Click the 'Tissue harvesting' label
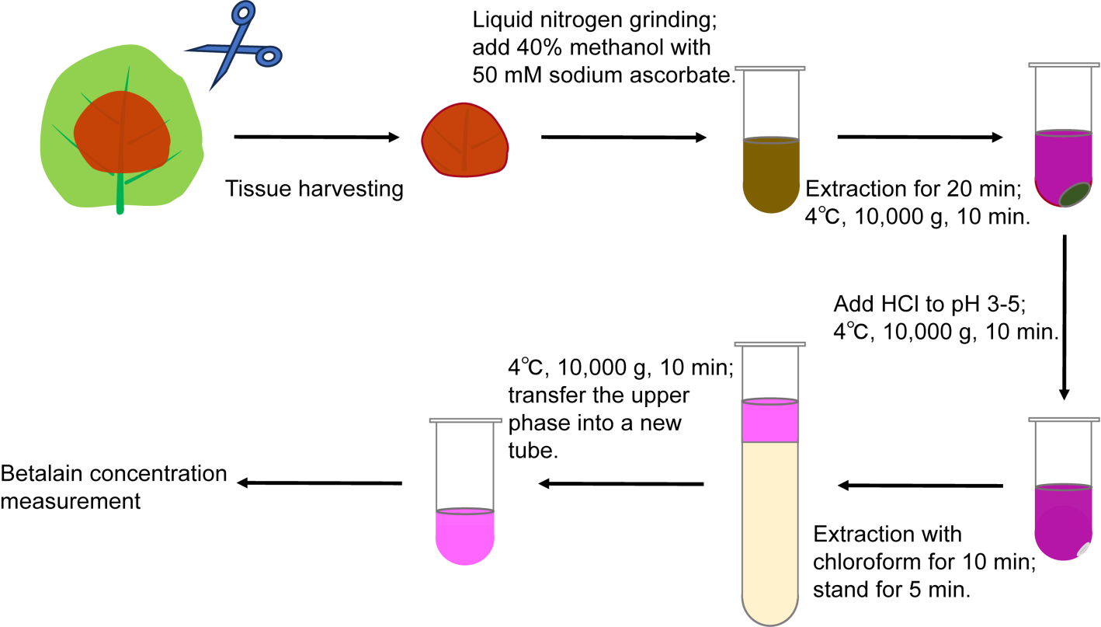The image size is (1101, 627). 314,189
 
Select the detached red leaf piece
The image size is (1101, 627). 464,138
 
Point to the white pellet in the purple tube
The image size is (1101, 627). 1084,549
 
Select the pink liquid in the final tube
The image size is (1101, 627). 464,536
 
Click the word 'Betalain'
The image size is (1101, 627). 41,474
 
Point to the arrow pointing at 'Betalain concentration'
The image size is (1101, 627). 318,483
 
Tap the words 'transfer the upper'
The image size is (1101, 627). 598,395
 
